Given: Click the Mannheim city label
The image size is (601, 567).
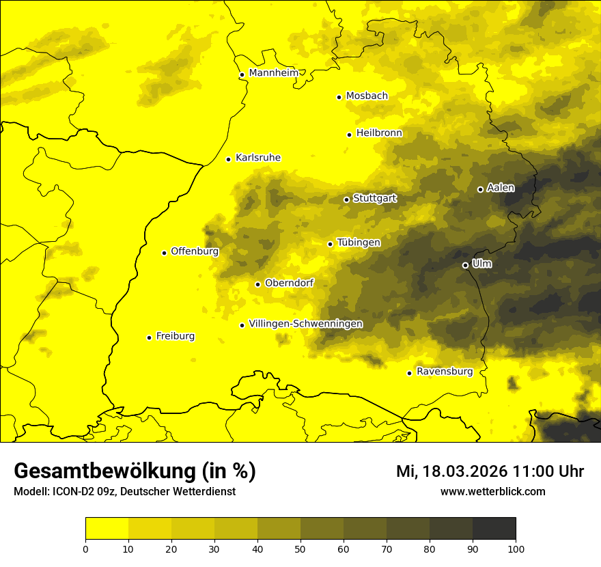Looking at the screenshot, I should click(x=273, y=72).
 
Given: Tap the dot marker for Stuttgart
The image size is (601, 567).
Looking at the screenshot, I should click(x=346, y=199).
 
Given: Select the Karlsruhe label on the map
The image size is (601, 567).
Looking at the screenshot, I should click(x=257, y=158).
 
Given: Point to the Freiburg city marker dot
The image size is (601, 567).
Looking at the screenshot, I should click(x=149, y=337).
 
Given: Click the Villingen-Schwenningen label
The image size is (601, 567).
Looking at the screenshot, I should click(x=305, y=324).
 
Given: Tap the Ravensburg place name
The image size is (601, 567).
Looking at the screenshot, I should click(x=444, y=372).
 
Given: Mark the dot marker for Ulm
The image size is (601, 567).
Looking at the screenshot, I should click(x=465, y=265).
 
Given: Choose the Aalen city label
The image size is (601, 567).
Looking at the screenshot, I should click(x=501, y=187).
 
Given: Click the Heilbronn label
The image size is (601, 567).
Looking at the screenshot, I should click(x=379, y=133).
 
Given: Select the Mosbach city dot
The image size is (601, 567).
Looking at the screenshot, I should click(x=339, y=97).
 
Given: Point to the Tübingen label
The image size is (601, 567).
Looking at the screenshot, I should click(x=359, y=243).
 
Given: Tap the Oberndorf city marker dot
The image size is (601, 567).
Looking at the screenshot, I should click(x=257, y=284).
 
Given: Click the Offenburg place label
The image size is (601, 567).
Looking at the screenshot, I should click(x=195, y=251).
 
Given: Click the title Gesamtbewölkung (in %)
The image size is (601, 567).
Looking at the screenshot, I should click(x=135, y=471).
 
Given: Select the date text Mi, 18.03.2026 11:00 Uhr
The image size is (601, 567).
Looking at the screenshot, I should click(x=490, y=471).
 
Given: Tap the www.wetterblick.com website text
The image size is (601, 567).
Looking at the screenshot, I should click(x=492, y=491).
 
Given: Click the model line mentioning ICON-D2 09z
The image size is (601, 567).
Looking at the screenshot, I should click(x=124, y=491).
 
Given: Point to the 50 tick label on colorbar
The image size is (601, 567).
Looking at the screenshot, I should click(x=300, y=549).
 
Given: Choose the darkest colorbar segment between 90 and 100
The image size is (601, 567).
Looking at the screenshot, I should click(x=494, y=529).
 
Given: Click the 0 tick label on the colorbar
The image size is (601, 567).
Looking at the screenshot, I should click(x=85, y=549).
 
